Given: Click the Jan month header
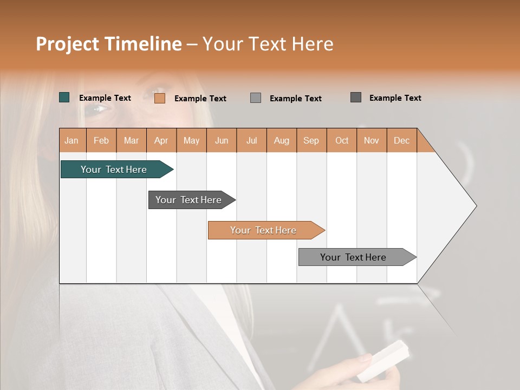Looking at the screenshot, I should (x=71, y=140).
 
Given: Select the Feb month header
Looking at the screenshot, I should (x=101, y=140).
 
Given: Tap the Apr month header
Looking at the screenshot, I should (x=161, y=140).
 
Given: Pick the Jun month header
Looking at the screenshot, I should (x=222, y=140).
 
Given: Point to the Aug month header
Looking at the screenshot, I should (x=281, y=140).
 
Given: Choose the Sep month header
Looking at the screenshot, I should (x=311, y=140).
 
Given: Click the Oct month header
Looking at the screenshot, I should (x=342, y=140).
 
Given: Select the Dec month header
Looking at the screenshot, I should (x=401, y=140).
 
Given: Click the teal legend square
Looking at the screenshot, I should (x=64, y=97).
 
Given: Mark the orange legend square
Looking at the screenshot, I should (x=160, y=98).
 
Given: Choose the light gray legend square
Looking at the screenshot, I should (x=256, y=98).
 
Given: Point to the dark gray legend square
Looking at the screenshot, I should (x=356, y=97).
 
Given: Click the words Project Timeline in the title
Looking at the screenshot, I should (x=109, y=44).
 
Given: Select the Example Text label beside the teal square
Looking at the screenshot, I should (x=105, y=98).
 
